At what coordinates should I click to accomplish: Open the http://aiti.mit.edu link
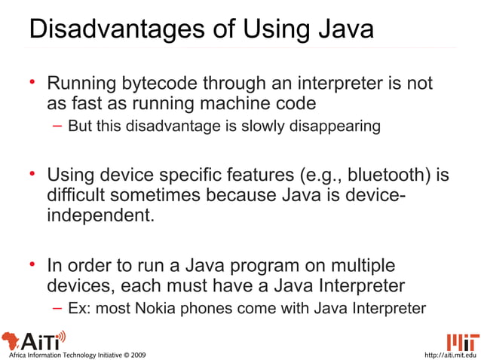tap(451, 354)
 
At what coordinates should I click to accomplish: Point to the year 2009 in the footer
tap(138, 354)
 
